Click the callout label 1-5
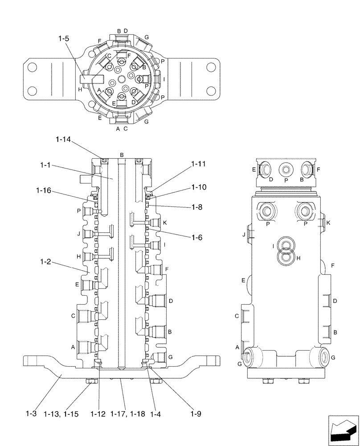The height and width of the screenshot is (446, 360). (63, 39)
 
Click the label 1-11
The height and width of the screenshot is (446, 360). (199, 164)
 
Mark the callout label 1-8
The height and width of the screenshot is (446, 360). (197, 207)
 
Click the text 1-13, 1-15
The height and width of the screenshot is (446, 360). (61, 414)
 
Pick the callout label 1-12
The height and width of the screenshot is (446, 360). (98, 414)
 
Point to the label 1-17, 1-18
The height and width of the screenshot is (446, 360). (127, 414)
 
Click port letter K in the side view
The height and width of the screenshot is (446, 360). (328, 223)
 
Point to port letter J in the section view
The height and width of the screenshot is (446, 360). (78, 233)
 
